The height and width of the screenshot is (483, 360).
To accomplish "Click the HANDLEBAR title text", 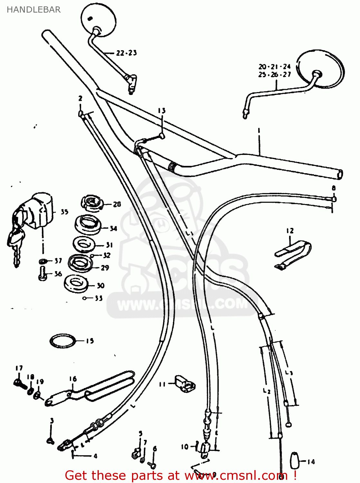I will tap(33, 10).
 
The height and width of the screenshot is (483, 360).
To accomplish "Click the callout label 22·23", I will tap(126, 53).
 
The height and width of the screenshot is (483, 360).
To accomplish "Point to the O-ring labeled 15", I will tap(63, 341).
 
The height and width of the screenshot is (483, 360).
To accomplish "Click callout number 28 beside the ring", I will tap(117, 204).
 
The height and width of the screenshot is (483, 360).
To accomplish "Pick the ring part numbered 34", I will tap(88, 225).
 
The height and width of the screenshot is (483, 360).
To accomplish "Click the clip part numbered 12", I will tap(293, 254).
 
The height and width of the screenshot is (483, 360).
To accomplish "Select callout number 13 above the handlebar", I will tap(162, 111).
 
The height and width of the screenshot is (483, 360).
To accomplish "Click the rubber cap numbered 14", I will tap(294, 461).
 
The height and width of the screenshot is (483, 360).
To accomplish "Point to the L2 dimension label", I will tap(266, 391).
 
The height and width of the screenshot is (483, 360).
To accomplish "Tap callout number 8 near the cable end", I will tap(334, 188).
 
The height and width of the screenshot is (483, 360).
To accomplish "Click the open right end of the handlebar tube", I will tap(339, 175).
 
